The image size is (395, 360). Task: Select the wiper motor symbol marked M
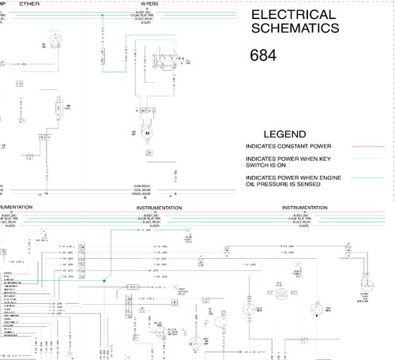[147, 133]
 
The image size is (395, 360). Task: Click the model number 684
[264, 56]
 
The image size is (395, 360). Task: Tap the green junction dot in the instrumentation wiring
[103, 280]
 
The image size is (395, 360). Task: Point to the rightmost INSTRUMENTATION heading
[305, 208]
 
